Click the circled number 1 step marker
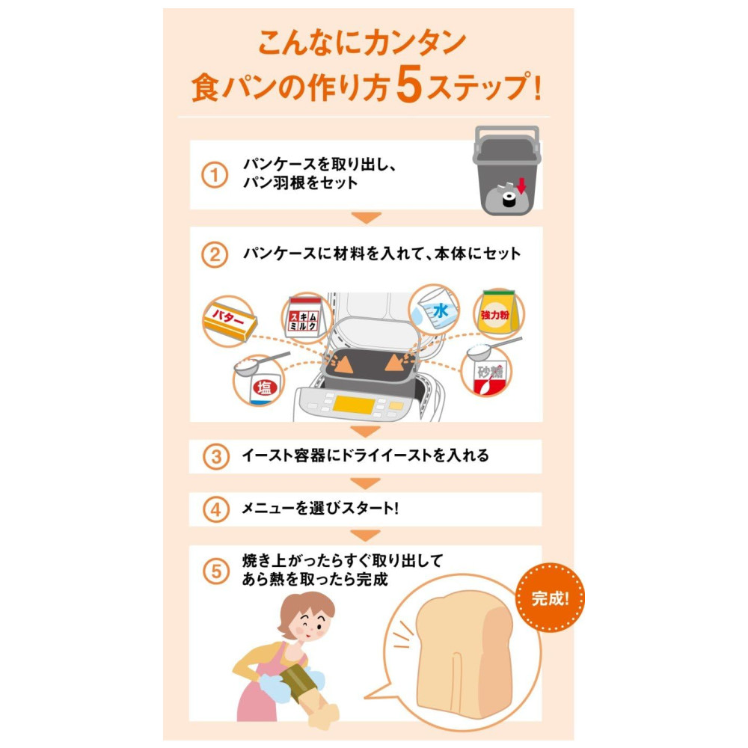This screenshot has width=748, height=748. coord(214,174)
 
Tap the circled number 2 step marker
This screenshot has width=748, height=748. coord(214,254)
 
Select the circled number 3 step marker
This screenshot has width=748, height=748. coord(216,456)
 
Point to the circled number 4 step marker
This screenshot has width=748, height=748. coord(216,509)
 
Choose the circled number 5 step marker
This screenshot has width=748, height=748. coord(216,571)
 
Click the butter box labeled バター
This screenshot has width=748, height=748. coord(230,321)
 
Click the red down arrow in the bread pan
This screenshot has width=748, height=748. coord(521,186)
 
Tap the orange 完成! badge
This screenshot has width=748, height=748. coord(551,597)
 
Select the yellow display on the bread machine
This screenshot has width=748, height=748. coord(354,405)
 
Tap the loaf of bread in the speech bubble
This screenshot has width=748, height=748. coord(464,654)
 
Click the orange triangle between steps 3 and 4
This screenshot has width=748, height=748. coord(366,482)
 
